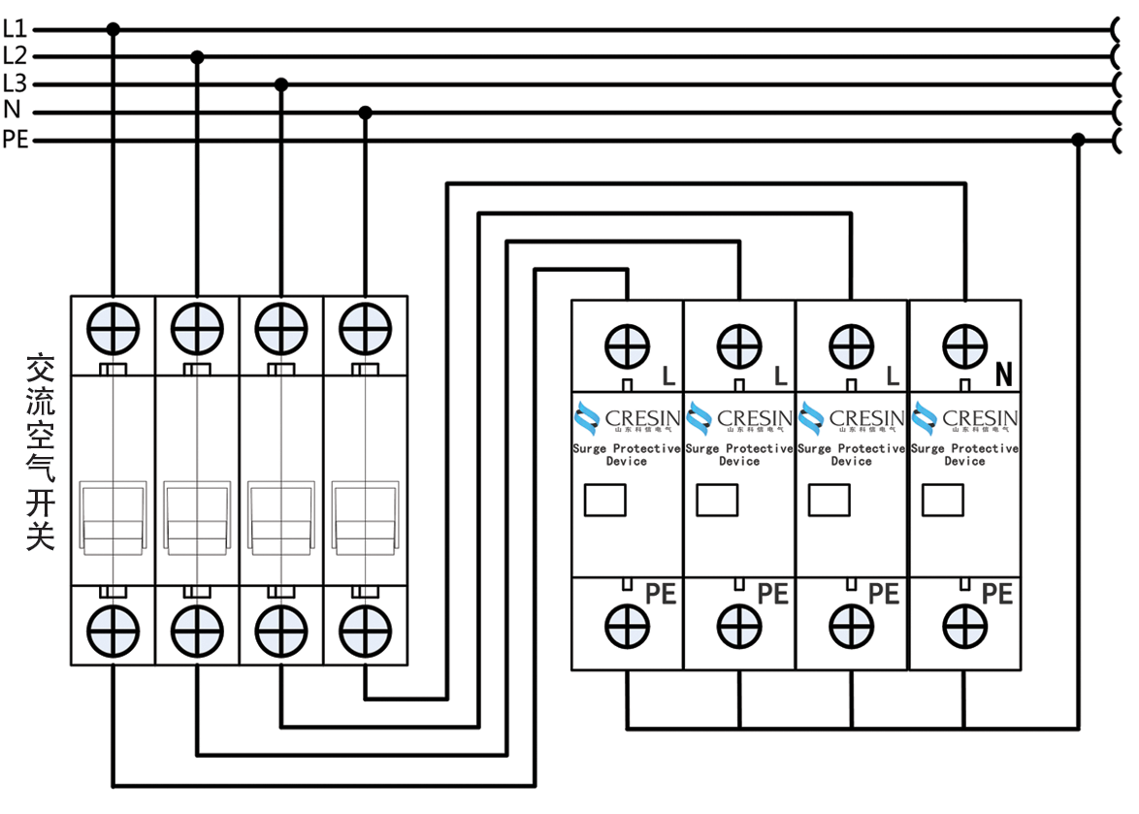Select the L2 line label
pyautogui.click(x=14, y=56)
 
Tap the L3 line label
pyautogui.click(x=14, y=83)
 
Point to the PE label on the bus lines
pyautogui.click(x=16, y=140)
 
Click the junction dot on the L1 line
pyautogui.click(x=113, y=30)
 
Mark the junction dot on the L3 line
pyautogui.click(x=281, y=84)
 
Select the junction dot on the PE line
pyautogui.click(x=1078, y=141)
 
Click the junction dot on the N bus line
pyautogui.click(x=365, y=113)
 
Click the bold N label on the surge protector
pyautogui.click(x=1003, y=374)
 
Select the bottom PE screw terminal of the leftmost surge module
pyautogui.click(x=627, y=626)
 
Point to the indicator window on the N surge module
pyautogui.click(x=942, y=500)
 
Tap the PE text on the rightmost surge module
pyautogui.click(x=996, y=594)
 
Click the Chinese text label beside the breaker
pyautogui.click(x=40, y=451)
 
